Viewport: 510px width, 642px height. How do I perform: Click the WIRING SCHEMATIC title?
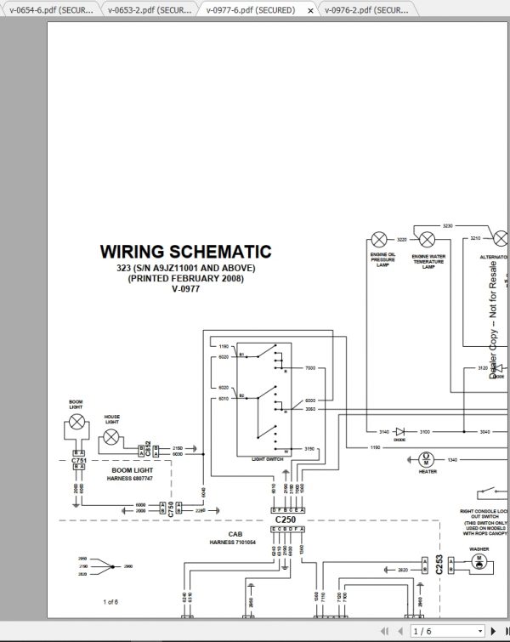click(185, 252)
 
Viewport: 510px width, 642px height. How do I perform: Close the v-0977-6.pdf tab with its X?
click(310, 10)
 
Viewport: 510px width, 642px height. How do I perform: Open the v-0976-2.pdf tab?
click(366, 9)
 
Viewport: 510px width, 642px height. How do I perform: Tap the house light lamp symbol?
click(110, 439)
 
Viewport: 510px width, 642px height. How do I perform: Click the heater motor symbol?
click(427, 459)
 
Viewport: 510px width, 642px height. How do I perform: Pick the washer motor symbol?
click(479, 564)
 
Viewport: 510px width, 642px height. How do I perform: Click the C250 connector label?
click(286, 518)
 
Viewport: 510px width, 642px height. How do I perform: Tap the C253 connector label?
click(439, 565)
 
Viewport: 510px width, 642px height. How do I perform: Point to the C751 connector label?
click(78, 460)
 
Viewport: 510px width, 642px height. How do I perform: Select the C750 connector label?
click(171, 509)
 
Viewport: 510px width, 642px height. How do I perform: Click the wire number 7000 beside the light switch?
click(309, 367)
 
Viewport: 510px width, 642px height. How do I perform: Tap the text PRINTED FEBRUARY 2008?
click(185, 278)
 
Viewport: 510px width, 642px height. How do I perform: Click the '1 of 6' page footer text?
click(110, 602)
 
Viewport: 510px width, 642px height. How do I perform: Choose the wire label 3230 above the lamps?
click(448, 226)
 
